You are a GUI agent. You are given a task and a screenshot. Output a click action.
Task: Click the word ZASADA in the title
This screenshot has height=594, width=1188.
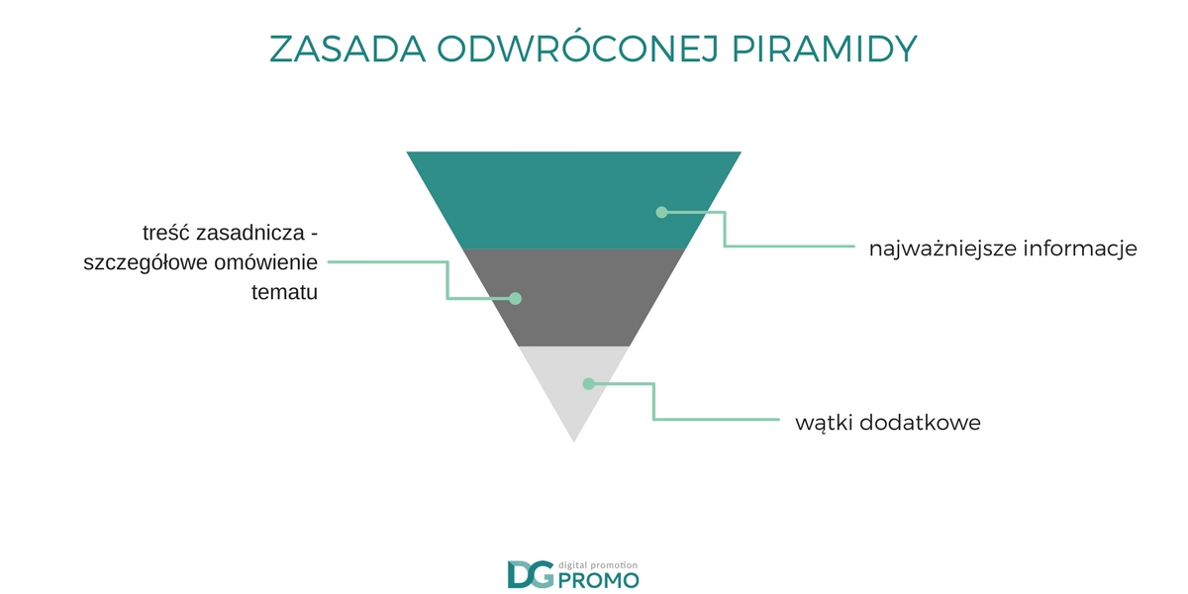tap(347, 49)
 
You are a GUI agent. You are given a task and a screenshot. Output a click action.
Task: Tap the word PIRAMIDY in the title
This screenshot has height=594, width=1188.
tap(824, 49)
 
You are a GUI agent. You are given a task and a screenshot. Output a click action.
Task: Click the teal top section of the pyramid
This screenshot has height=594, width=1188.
tap(574, 200)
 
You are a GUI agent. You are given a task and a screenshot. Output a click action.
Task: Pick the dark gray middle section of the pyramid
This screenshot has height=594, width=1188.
tap(574, 298)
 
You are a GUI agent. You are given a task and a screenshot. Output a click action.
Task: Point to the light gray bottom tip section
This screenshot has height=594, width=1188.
tap(574, 387)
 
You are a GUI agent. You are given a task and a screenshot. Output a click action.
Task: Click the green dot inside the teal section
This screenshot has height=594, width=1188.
tap(661, 212)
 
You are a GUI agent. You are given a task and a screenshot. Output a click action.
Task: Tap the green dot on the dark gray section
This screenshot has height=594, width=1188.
tap(515, 299)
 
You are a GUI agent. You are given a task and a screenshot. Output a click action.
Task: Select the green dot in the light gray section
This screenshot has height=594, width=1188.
tap(588, 383)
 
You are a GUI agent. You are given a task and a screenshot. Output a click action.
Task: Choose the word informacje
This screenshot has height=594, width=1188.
tap(1080, 248)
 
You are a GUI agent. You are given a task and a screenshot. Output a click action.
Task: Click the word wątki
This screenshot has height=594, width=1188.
tap(823, 424)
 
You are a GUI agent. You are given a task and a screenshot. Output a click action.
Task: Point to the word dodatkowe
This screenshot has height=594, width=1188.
tap(920, 423)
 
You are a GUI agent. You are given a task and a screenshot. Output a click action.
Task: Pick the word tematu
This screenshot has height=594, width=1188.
tap(284, 292)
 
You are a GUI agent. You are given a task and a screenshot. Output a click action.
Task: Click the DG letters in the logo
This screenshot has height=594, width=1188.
tap(531, 574)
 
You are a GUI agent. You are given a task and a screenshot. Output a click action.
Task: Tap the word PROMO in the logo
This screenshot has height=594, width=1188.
tap(599, 581)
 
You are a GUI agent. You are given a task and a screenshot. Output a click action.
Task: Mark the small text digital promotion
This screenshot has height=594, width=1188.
tap(598, 566)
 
